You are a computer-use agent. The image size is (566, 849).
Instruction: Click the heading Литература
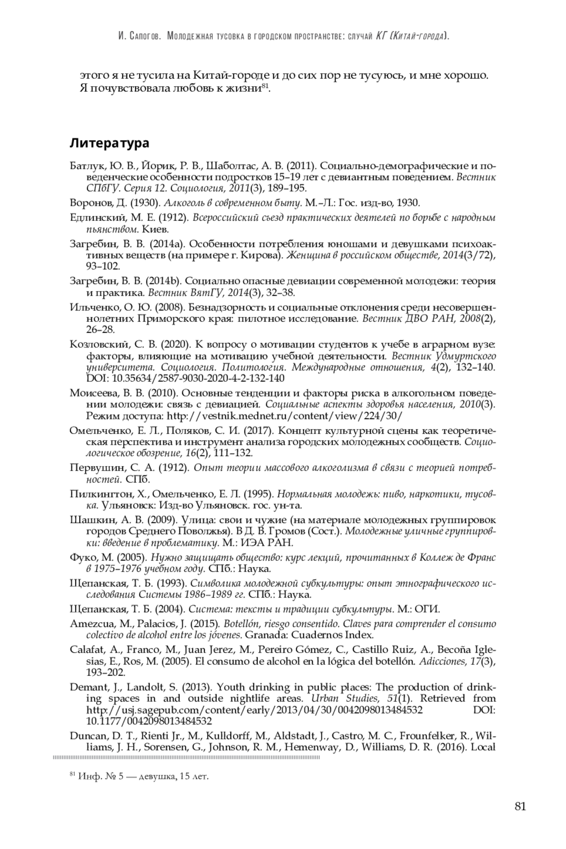tap(109, 143)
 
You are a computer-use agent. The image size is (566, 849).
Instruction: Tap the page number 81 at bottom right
tap(520, 806)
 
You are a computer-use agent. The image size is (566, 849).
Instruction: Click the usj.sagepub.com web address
tap(254, 710)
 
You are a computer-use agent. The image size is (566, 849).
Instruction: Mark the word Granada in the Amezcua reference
tap(262, 634)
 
